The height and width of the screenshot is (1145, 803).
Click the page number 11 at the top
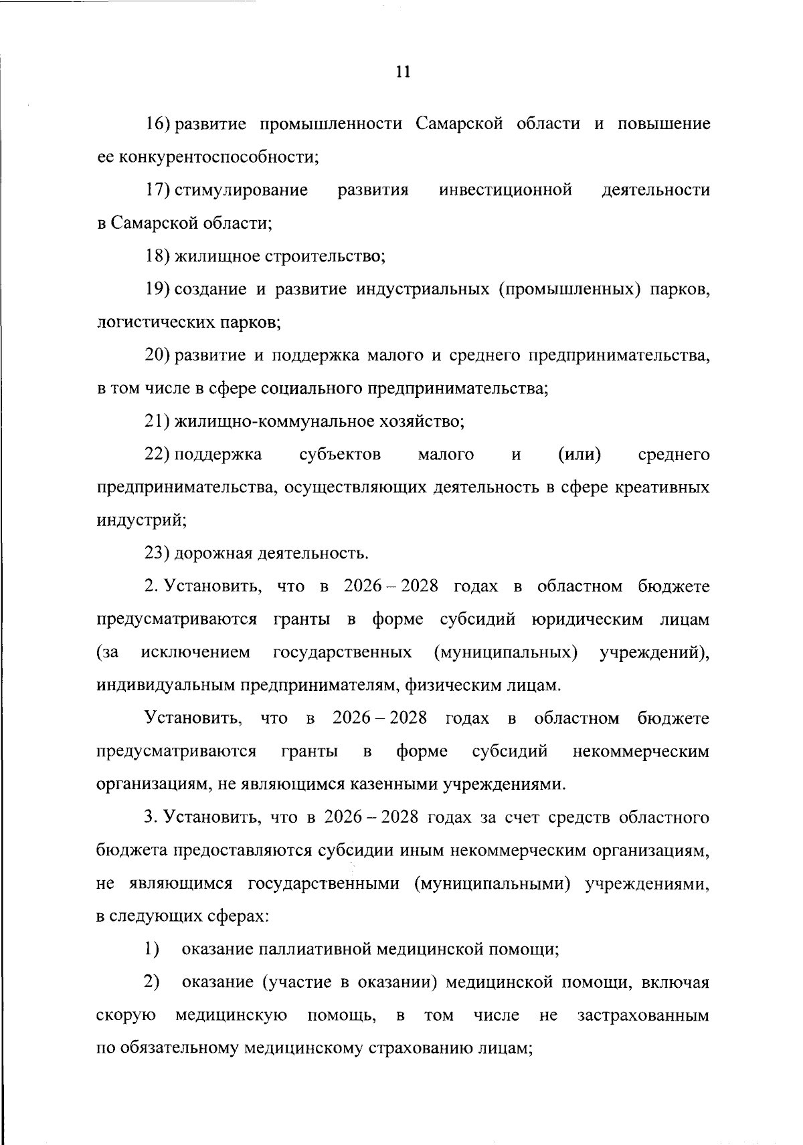tap(402, 72)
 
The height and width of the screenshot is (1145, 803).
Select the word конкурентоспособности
tap(218, 158)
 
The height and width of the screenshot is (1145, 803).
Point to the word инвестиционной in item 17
tap(505, 191)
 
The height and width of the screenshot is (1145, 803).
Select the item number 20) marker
tap(159, 356)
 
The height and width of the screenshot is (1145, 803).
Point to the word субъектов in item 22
tap(340, 455)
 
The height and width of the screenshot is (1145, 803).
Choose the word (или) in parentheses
tap(579, 455)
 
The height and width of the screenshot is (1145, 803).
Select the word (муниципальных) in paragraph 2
tap(506, 653)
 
